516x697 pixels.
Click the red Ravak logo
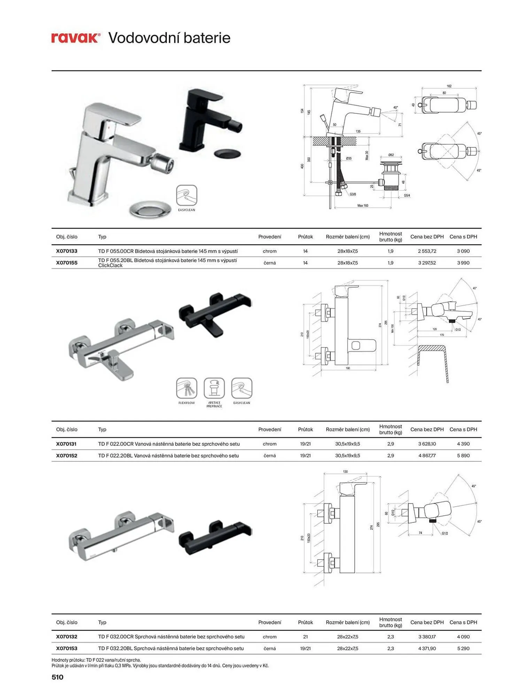(76, 38)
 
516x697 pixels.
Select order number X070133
(67, 251)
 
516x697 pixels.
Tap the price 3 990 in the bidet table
(463, 263)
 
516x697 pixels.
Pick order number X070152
(67, 455)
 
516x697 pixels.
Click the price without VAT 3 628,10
(427, 444)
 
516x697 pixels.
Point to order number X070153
(67, 648)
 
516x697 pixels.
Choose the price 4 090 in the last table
(463, 636)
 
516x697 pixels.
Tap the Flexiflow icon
(187, 388)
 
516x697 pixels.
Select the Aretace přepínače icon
(214, 388)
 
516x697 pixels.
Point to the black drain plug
(228, 153)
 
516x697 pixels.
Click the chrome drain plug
(150, 209)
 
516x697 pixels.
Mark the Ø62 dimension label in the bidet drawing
(391, 155)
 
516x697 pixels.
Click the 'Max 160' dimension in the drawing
(363, 206)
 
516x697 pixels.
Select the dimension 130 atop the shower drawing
(345, 472)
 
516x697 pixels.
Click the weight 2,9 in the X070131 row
(391, 444)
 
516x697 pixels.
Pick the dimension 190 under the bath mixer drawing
(348, 368)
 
